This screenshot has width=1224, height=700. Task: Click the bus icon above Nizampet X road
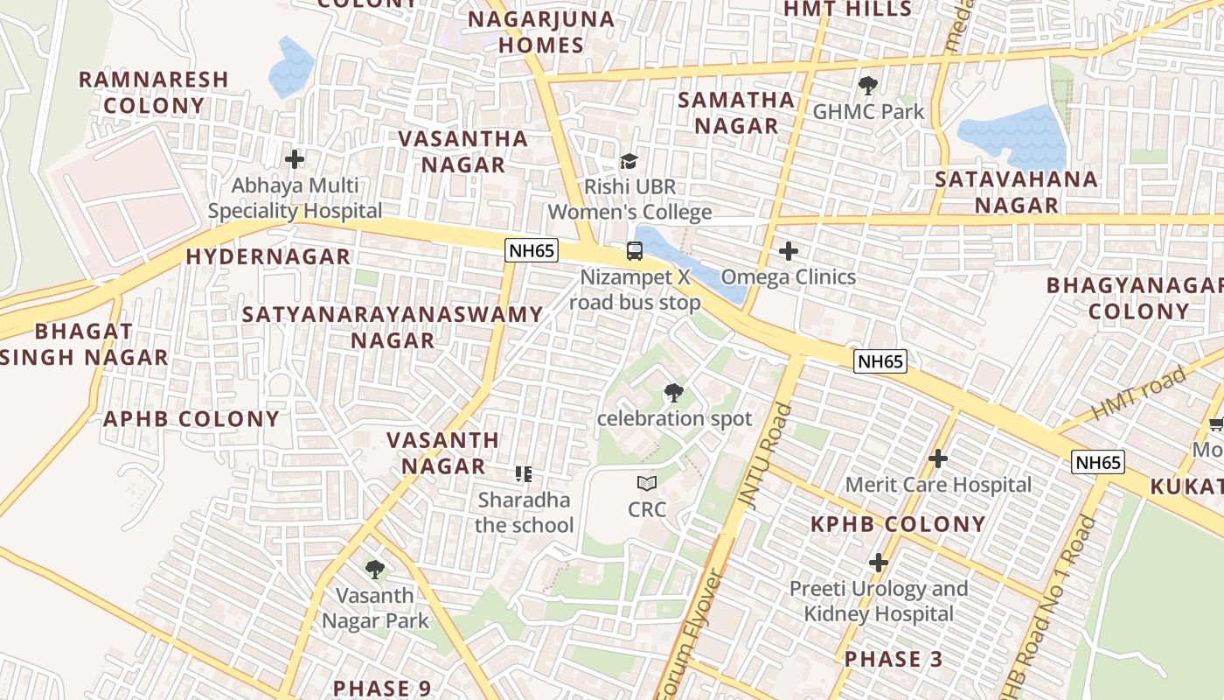pyautogui.click(x=635, y=251)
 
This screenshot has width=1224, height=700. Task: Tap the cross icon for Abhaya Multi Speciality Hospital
pyautogui.click(x=295, y=159)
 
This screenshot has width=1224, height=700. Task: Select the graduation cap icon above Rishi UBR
pyautogui.click(x=629, y=161)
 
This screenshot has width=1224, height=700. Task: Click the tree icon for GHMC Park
pyautogui.click(x=867, y=86)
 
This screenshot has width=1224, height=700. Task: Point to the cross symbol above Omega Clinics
pyautogui.click(x=788, y=251)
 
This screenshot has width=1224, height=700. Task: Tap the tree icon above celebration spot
pyautogui.click(x=673, y=392)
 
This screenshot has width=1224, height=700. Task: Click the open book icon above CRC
pyautogui.click(x=646, y=483)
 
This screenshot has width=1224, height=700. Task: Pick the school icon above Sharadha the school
pyautogui.click(x=524, y=474)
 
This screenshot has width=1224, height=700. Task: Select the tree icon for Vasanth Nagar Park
pyautogui.click(x=375, y=570)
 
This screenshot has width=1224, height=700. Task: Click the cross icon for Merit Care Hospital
pyautogui.click(x=938, y=458)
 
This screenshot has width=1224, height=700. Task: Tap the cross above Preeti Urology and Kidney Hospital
pyautogui.click(x=879, y=563)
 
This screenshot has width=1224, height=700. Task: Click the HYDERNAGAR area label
pyautogui.click(x=268, y=256)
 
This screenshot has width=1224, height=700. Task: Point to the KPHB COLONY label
pyautogui.click(x=898, y=524)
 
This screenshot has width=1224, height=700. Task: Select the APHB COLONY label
pyautogui.click(x=191, y=419)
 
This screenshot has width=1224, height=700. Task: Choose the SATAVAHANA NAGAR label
pyautogui.click(x=1016, y=192)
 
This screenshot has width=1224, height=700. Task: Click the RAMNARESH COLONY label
pyautogui.click(x=153, y=92)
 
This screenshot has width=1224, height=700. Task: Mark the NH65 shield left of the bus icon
pyautogui.click(x=532, y=250)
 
